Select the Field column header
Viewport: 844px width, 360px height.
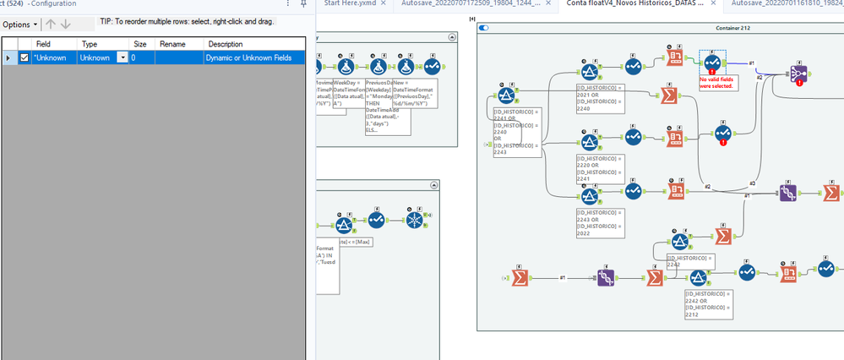(x=43, y=43)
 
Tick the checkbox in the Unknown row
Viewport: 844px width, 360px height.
(x=24, y=57)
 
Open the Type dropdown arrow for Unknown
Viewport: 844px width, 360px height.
(x=123, y=57)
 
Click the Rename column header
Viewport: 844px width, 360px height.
(x=173, y=43)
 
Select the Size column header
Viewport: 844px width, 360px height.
(x=140, y=43)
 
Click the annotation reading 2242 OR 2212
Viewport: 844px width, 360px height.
(x=709, y=303)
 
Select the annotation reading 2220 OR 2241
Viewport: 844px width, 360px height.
(x=602, y=167)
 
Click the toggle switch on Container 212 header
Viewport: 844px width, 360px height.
(x=484, y=29)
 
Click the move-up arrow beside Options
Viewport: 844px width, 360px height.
(x=50, y=25)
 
